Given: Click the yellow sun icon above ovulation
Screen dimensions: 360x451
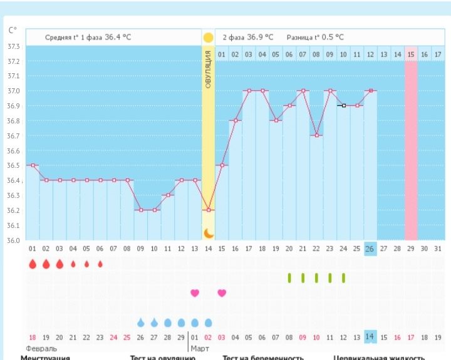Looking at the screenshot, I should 208,38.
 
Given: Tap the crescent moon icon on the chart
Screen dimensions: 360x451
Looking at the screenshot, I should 208,234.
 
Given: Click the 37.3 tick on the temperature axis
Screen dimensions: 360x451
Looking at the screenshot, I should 13,47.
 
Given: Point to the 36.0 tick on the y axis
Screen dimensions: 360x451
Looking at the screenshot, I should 13,240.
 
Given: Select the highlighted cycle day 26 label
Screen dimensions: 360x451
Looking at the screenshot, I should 370,249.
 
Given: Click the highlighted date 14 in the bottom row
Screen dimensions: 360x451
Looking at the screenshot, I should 370,337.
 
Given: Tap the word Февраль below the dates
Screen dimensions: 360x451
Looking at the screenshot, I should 41,348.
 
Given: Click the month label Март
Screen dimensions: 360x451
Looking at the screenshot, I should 200,348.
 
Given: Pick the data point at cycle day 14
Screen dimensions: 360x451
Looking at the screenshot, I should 208,210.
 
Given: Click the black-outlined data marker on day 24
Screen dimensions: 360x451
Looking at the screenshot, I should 343,106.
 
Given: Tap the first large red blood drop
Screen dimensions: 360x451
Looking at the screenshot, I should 33,264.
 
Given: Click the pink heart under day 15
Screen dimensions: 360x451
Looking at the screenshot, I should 222,292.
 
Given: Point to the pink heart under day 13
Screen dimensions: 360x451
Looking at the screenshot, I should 195,292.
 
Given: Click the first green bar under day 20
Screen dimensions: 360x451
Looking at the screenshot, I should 289,277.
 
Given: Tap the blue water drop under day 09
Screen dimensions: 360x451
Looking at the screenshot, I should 140,322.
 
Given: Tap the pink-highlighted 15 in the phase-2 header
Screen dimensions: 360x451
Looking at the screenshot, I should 411,55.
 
